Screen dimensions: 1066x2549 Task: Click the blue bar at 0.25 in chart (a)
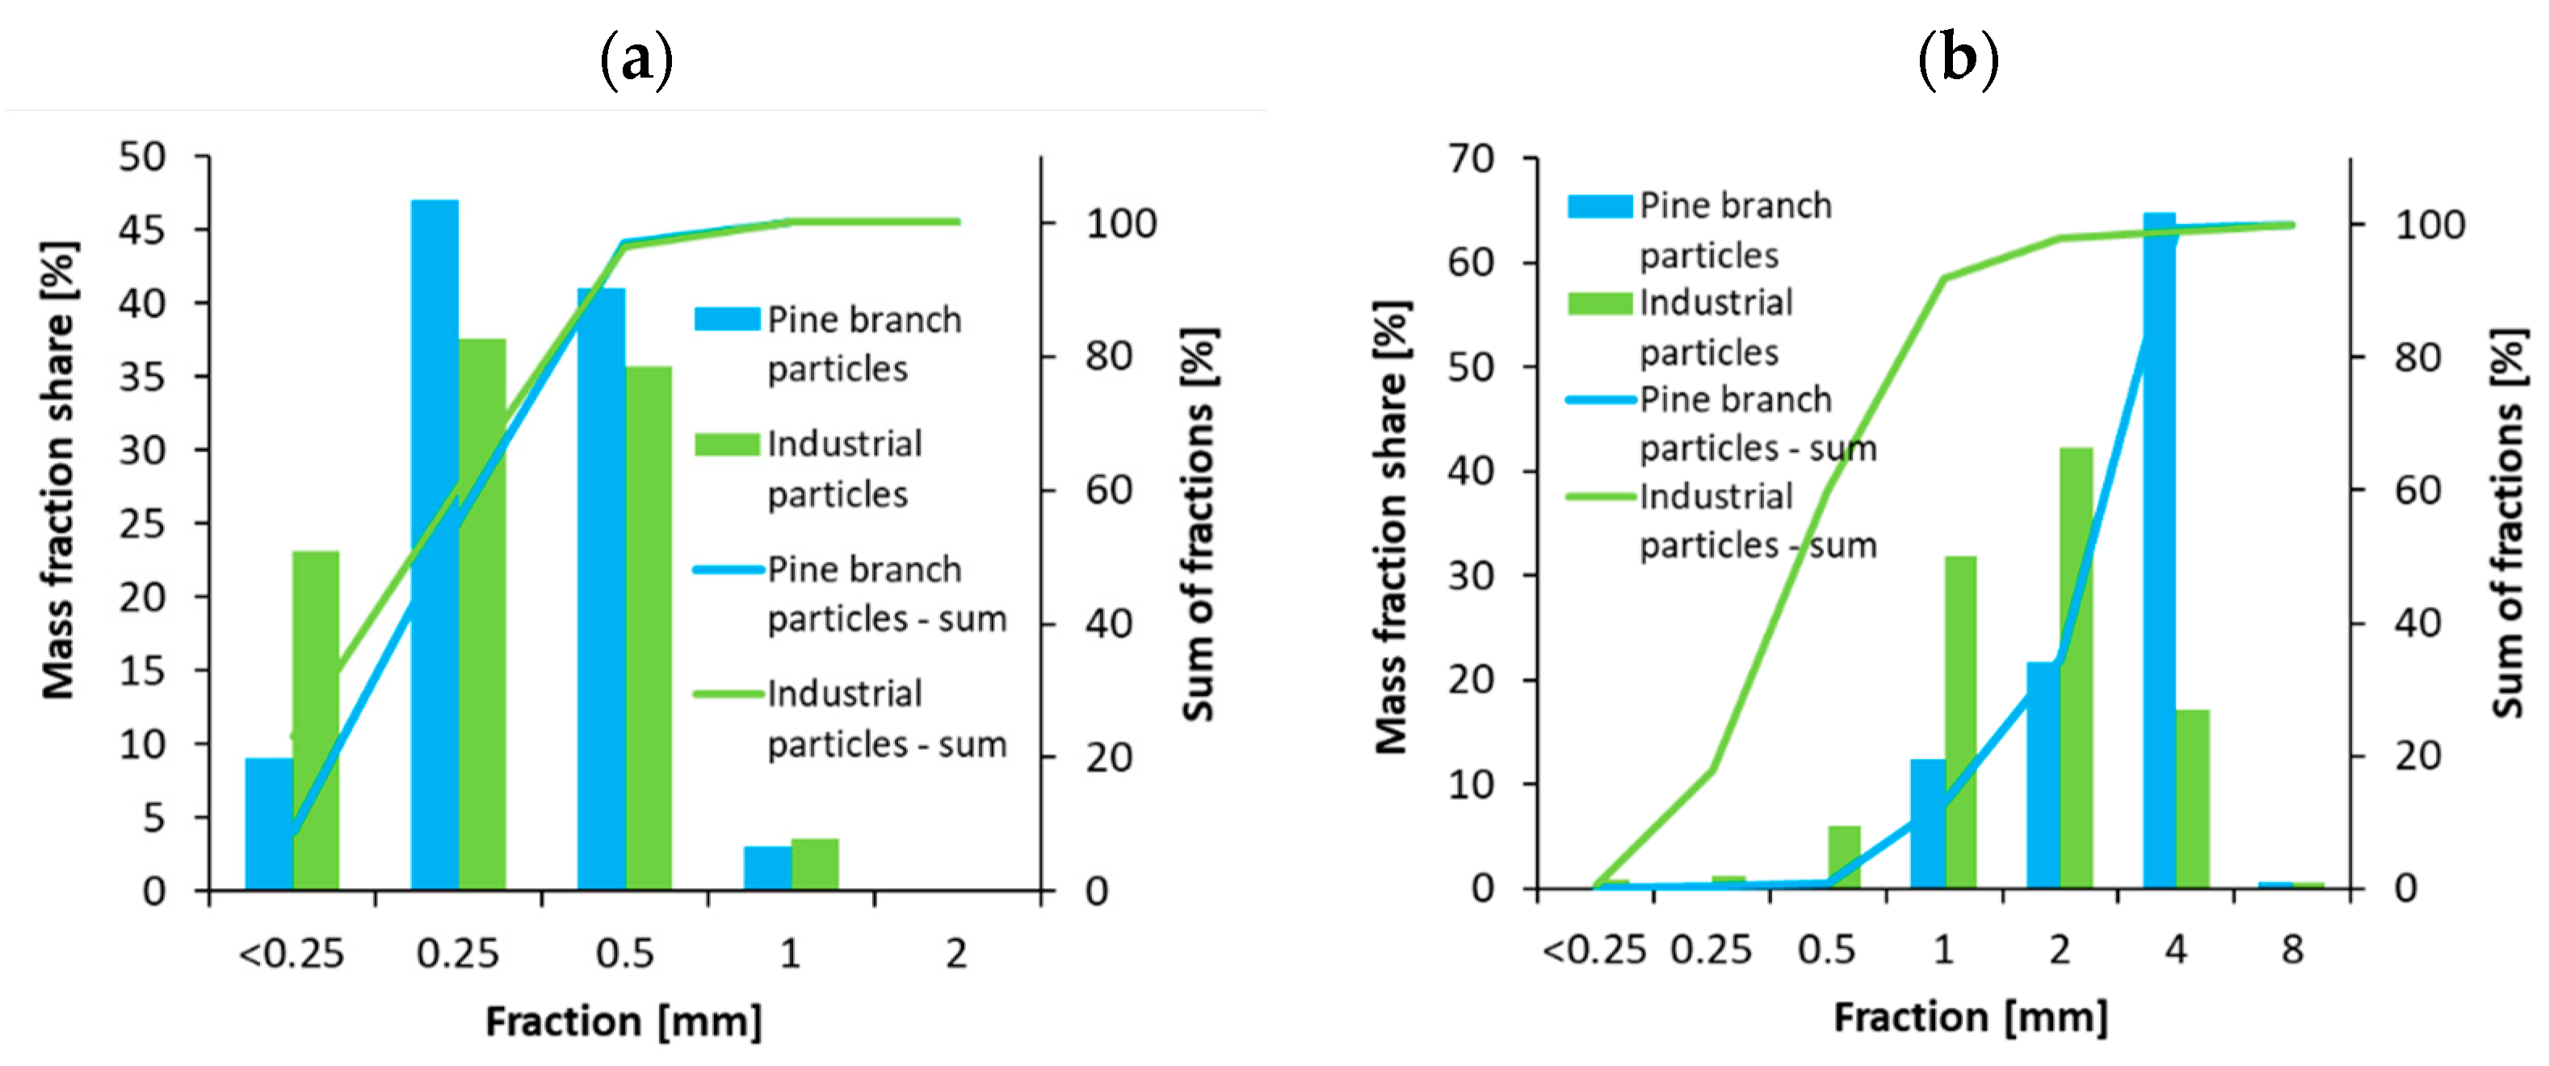435,545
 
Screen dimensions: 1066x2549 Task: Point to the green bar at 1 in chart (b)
1960,722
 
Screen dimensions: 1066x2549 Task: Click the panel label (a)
636,59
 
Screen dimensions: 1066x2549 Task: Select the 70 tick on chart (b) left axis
1471,158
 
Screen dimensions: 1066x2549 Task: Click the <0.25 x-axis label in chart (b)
1594,950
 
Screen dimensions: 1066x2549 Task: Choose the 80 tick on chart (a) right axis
1109,356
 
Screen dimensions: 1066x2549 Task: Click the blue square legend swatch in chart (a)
726,318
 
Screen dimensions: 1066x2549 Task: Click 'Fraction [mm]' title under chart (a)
624,1022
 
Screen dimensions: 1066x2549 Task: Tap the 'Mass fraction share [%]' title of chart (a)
60,470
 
